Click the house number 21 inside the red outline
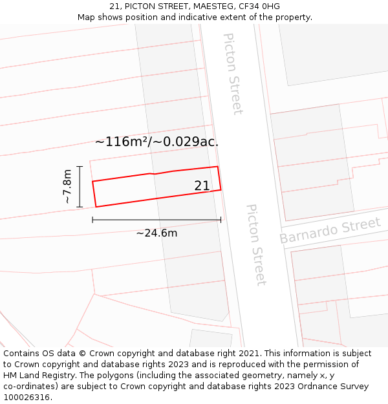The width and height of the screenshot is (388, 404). [x=202, y=186]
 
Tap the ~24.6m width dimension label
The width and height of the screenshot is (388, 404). [x=156, y=233]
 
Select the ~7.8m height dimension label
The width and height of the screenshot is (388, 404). [x=67, y=187]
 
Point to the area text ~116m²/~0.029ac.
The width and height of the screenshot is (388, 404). [x=156, y=142]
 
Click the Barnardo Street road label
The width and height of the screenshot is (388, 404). [x=330, y=231]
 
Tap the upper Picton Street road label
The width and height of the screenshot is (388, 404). [x=233, y=74]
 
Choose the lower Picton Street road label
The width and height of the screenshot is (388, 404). [x=256, y=245]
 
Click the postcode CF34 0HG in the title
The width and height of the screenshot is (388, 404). [x=259, y=6]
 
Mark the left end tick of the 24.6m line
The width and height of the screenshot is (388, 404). [x=92, y=220]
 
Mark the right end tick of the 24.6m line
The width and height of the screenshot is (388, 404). [x=221, y=220]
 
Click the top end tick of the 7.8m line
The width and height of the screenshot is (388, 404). [x=80, y=167]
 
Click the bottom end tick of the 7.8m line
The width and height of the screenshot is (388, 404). [x=80, y=207]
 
